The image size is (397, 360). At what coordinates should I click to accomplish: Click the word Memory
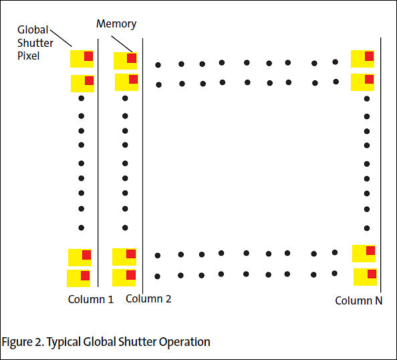pos(116,24)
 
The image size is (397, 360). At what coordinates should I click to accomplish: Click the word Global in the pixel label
pos(33,29)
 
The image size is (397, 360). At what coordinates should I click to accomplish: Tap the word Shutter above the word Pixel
pos(35,43)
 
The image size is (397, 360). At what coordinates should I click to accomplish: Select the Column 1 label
pos(91,299)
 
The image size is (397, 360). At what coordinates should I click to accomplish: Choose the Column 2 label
pos(148,299)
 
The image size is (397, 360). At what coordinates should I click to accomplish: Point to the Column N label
pos(358,300)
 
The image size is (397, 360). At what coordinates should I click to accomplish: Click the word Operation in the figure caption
pos(184,342)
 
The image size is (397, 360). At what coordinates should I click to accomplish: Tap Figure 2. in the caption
pos(23,342)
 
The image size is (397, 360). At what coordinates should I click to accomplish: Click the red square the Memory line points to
pos(132,58)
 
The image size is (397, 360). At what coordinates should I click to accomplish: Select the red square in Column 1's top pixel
pos(89,56)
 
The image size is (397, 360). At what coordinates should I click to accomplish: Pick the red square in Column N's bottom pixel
pos(372,274)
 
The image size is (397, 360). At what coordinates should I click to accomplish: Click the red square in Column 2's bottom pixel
pos(131,275)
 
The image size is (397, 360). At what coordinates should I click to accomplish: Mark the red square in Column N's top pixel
pos(369,56)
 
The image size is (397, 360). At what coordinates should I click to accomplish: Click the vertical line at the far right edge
pos(380,165)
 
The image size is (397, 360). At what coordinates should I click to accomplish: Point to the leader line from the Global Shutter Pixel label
pos(61,38)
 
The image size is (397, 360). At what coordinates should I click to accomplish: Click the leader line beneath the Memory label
pos(122,44)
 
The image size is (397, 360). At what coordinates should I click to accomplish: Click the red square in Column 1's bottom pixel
pos(85,276)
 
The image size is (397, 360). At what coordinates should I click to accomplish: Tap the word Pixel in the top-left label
pos(28,56)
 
